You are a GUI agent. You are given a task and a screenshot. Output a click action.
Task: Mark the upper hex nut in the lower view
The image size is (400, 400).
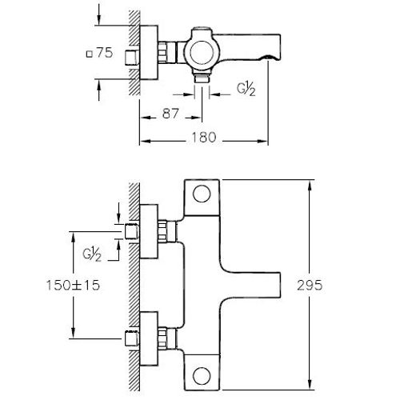point(166,232)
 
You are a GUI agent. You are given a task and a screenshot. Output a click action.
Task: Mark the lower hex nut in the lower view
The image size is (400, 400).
point(166,337)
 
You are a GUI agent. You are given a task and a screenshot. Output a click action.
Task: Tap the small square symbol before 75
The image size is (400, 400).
point(86,54)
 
